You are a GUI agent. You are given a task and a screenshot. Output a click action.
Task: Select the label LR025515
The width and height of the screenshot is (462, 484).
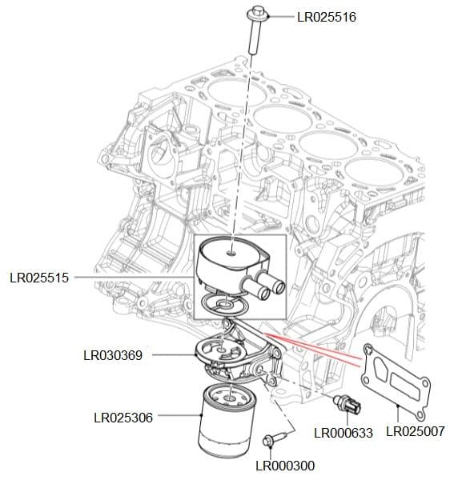coord(39,278)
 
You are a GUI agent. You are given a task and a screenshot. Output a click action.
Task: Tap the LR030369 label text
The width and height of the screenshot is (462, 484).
coord(113,354)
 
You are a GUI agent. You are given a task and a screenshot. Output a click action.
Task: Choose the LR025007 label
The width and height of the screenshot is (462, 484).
coord(417,432)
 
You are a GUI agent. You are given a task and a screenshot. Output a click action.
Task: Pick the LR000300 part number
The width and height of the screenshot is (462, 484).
coord(285,466)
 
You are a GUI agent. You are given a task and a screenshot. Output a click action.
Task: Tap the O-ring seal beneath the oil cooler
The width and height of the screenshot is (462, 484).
coord(219,304)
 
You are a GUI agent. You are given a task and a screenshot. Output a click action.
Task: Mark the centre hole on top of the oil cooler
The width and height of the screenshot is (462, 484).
coord(231,252)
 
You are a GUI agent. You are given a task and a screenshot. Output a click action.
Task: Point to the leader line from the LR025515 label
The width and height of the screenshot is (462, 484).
coord(136,278)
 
